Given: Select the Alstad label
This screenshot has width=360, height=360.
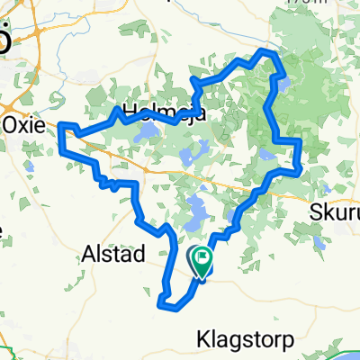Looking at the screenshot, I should point(114,254).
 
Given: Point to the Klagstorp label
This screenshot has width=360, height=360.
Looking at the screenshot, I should point(238,339).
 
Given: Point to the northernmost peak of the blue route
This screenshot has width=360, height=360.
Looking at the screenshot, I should point(267,52).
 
